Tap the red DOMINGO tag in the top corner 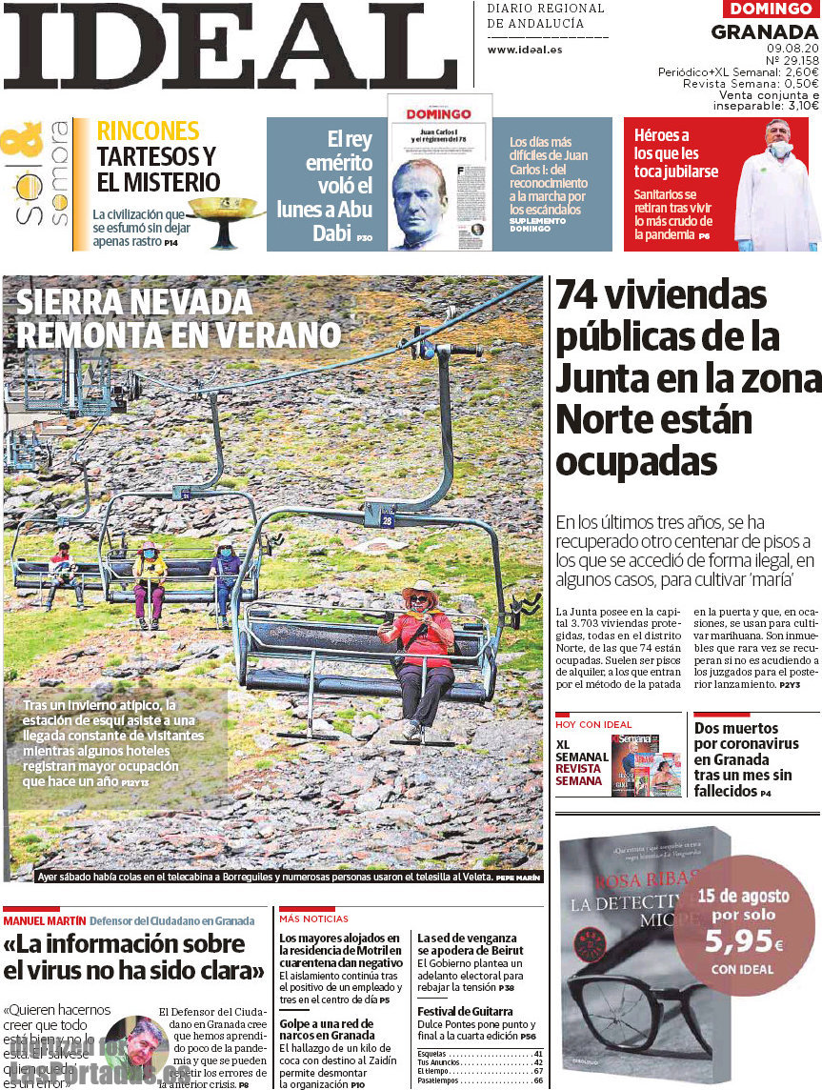pos(772,10)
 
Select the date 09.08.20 pos(792,47)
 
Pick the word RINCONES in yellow pos(148,131)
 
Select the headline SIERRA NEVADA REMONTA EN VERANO pos(178,318)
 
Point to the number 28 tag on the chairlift pos(387,520)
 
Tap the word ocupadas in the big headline pos(635,461)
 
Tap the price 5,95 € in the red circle pos(744,943)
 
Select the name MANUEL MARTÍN pos(44,921)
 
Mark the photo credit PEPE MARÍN pos(518,877)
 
